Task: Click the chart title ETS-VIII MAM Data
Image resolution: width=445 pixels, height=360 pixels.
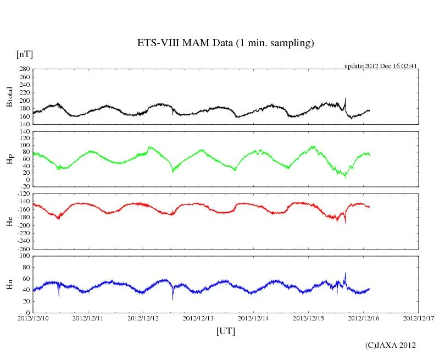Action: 225,43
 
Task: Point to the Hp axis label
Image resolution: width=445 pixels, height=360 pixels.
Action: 9,159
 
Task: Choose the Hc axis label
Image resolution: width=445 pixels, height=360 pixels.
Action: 9,221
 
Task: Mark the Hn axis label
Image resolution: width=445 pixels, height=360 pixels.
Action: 9,284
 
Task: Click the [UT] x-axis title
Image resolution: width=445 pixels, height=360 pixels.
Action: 225,331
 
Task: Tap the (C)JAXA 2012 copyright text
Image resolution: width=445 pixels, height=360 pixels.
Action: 390,345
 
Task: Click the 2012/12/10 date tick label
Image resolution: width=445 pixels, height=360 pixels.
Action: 33,318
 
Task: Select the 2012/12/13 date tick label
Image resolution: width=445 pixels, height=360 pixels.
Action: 199,318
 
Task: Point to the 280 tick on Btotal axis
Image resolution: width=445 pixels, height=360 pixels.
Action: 24,69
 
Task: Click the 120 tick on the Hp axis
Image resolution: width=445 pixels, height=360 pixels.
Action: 24,131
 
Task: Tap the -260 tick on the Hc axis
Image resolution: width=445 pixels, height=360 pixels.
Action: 23,248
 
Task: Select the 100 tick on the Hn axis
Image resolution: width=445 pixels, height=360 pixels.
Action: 24,256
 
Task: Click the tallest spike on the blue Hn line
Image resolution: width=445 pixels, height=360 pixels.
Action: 345,273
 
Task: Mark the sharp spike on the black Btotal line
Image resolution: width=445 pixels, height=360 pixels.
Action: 345,99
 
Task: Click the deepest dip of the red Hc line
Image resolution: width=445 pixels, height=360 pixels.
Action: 345,223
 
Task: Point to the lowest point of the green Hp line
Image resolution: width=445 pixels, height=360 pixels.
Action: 345,176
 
